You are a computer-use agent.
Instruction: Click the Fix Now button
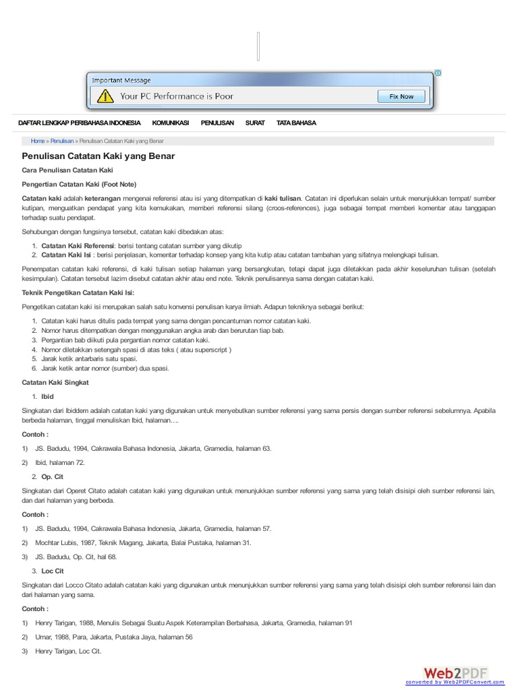[x=401, y=96]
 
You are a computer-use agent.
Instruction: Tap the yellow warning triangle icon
[x=105, y=96]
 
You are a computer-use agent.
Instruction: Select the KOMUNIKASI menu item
[x=171, y=123]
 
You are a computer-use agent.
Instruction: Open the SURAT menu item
[x=255, y=123]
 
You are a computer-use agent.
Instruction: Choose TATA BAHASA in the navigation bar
[x=296, y=123]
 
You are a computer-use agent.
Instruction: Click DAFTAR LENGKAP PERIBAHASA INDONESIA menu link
[x=80, y=123]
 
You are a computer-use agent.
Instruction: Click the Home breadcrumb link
[x=38, y=141]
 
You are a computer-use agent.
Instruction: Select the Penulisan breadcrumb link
[x=62, y=141]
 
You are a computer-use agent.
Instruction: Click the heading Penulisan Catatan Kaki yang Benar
[x=98, y=156]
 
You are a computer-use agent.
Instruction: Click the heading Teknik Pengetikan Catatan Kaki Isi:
[x=78, y=292]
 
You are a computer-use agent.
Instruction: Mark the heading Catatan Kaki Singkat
[x=55, y=382]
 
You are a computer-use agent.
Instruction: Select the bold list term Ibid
[x=47, y=396]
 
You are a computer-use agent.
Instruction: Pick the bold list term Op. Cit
[x=52, y=476]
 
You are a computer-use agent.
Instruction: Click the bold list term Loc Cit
[x=53, y=571]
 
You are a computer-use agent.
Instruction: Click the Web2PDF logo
[x=456, y=673]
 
